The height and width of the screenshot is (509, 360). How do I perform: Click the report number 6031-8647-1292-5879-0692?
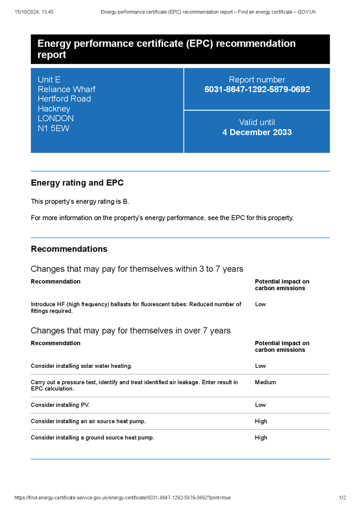tap(257, 89)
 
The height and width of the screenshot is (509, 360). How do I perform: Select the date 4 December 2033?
tap(257, 132)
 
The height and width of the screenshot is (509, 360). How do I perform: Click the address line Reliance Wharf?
tap(66, 89)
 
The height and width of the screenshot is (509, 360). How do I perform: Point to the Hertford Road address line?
tap(64, 99)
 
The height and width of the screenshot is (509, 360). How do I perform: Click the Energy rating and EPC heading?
tap(77, 183)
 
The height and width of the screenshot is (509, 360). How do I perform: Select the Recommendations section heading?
tap(69, 249)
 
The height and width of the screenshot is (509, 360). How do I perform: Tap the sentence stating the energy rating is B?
tap(80, 201)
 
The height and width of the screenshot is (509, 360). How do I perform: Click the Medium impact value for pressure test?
tap(265, 382)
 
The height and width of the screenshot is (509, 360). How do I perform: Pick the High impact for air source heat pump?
tap(261, 421)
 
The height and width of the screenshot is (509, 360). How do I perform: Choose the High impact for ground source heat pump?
tap(261, 437)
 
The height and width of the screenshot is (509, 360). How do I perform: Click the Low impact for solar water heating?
tap(261, 366)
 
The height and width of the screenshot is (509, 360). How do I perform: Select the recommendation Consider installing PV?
tap(60, 405)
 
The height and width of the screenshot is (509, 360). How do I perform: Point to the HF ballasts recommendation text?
tap(136, 307)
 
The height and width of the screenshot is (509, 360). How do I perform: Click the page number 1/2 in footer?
tap(342, 498)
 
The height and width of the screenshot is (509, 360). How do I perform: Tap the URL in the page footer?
tap(122, 498)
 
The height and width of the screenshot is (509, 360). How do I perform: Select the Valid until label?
tap(257, 122)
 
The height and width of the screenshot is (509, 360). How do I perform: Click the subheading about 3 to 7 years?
tap(137, 269)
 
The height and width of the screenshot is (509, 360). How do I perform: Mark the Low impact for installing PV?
tap(261, 405)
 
